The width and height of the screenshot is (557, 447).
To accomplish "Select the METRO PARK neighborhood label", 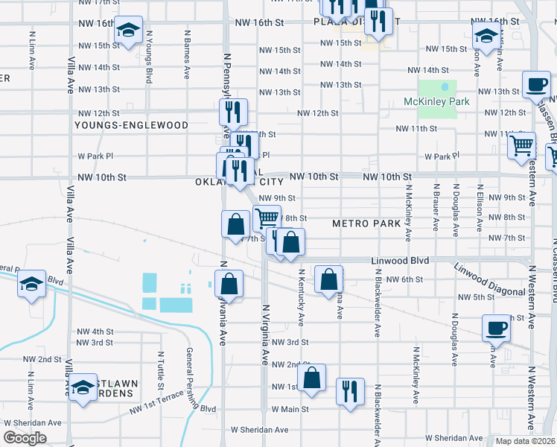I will (x=366, y=223).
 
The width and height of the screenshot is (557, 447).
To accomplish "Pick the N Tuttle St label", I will (x=161, y=371).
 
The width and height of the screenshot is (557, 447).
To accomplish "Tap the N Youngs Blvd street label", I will (x=150, y=56).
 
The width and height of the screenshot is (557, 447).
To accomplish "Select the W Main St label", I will (x=290, y=410).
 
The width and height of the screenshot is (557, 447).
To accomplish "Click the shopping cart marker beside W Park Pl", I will (x=521, y=145).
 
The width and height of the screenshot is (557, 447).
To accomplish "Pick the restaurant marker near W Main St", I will (x=350, y=390).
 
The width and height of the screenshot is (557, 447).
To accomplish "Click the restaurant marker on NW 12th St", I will (x=233, y=112).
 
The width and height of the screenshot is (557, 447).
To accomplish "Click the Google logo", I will (x=25, y=438).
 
